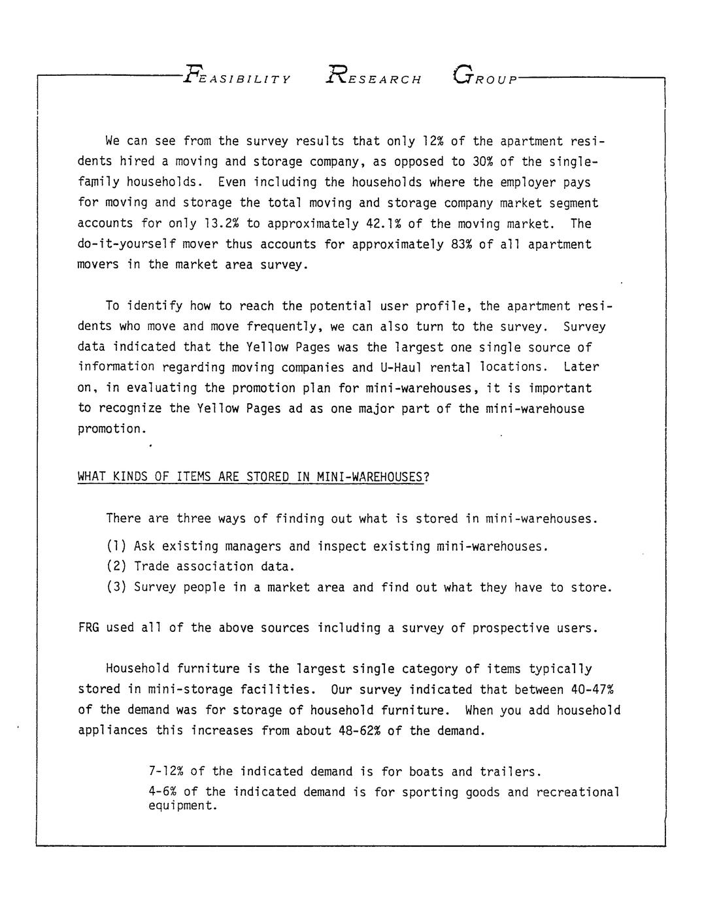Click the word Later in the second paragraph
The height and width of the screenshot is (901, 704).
coord(581,367)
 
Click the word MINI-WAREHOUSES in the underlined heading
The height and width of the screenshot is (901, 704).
coord(369,477)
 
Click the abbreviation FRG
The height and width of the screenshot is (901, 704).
coord(88,629)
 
